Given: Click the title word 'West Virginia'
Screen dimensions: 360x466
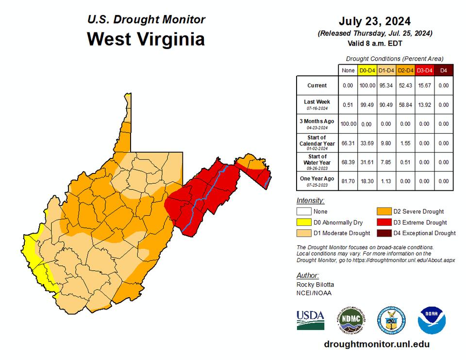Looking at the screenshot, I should coord(146,39).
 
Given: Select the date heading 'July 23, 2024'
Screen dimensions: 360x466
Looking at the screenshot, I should coord(374,21).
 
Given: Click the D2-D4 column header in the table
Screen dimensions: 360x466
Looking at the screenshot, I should coord(405,70).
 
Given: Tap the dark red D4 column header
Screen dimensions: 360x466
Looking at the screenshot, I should coord(443,70).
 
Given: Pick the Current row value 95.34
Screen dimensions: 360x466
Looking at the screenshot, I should coord(386,86).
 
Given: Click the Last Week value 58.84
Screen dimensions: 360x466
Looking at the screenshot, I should coord(405,104).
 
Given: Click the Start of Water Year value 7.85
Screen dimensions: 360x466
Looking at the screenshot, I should coord(386,162).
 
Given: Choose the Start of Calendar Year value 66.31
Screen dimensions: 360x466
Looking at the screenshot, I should coord(348,143).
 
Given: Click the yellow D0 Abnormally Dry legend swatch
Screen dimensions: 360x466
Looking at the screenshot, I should coord(304,223).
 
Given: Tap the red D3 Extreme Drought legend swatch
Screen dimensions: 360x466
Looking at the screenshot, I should coord(384,223).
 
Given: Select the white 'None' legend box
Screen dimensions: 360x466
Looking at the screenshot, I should coord(304,211).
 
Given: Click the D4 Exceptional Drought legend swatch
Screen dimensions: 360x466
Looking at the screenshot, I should coord(384,233).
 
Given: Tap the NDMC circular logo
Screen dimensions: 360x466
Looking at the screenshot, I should coord(352,320).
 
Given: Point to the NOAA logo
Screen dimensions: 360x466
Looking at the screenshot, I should coord(432,320).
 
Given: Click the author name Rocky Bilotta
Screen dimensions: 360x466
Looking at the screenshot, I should coord(315,285).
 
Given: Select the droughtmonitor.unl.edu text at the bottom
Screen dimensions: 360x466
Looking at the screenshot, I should coord(376,344).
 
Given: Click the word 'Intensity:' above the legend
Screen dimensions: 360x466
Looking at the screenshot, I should coord(310,201).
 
